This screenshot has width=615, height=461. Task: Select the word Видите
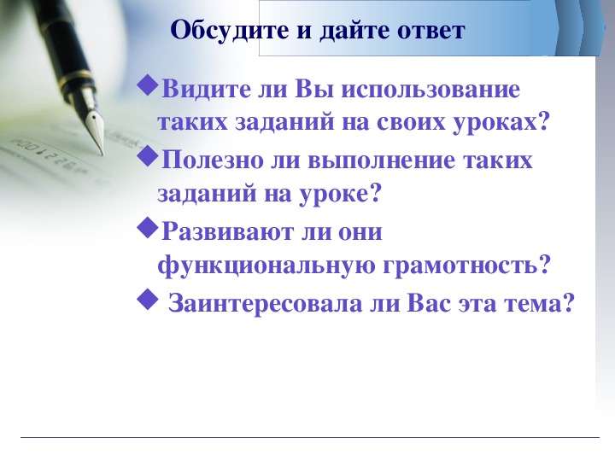(x=206, y=90)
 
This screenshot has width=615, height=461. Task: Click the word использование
(x=430, y=90)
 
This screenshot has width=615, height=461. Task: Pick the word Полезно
(x=212, y=160)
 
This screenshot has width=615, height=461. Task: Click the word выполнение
(x=380, y=160)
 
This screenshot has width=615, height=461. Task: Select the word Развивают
(x=227, y=231)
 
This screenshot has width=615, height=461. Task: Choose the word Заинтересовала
(x=265, y=303)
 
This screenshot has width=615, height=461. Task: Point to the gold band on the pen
(x=76, y=77)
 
